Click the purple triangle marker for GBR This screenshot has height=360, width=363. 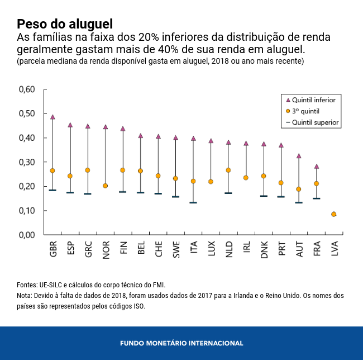tap(52, 117)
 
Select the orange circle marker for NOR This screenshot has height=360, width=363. tap(105, 186)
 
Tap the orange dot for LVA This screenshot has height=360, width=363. tap(334, 214)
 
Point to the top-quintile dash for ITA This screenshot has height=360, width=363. tap(193, 202)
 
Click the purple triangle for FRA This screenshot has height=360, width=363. tap(317, 166)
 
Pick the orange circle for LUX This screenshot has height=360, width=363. tap(211, 182)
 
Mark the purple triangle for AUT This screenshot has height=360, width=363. tap(299, 156)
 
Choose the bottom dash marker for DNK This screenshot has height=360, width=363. tap(264, 196)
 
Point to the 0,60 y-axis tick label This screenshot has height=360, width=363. tap(27, 89)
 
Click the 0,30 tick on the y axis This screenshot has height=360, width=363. tap(27, 162)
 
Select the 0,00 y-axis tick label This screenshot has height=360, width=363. tap(27, 235)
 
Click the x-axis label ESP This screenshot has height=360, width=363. tap(70, 249)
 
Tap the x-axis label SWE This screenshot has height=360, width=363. tap(176, 249)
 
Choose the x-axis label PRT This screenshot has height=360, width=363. tap(281, 249)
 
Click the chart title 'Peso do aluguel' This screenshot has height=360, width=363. tap(65, 24)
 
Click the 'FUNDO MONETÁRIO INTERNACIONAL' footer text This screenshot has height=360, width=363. tap(181, 343)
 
